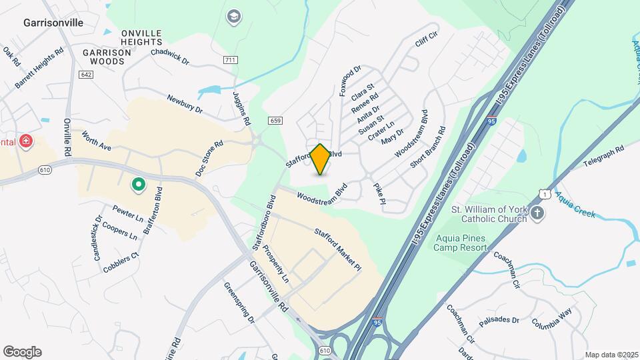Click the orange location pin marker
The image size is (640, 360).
[320, 159]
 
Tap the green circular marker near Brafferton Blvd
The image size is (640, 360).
[138, 184]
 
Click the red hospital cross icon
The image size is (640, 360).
[26, 141]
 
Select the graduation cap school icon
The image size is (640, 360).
[233, 16]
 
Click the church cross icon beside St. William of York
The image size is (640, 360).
[538, 214]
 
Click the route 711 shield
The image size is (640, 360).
[231, 60]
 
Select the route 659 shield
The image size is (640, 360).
[275, 121]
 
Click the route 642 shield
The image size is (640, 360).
[85, 75]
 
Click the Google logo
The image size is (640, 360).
[22, 352]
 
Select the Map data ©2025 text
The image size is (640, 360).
[611, 355]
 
